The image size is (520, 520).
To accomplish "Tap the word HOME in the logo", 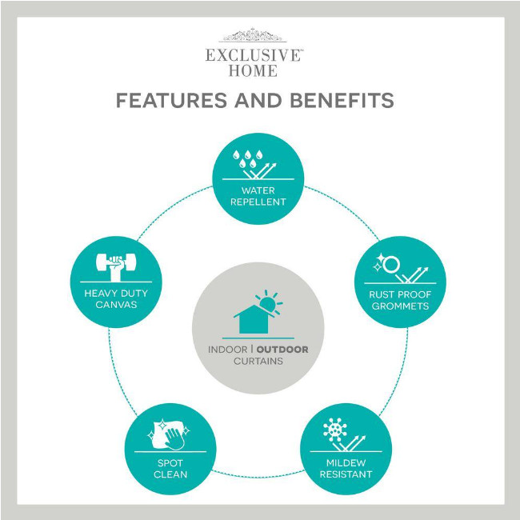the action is coord(253,70).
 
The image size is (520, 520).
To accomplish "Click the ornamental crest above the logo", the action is coord(252,35).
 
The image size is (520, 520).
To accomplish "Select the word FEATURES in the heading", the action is coord(171,100).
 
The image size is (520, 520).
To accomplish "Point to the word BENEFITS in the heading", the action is coord(342,100).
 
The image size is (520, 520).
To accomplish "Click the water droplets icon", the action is coord(247,158).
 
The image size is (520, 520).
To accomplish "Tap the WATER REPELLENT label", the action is coord(258,196).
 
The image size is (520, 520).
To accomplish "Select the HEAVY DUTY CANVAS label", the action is coord(116,299).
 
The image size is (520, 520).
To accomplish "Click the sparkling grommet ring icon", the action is coord(387,263).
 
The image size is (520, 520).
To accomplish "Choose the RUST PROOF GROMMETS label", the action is coord(400,300).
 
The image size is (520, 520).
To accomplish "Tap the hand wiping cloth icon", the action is coord(169,434).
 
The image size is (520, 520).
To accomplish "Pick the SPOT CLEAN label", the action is coord(170,469).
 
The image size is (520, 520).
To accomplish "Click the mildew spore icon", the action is coord(335,430).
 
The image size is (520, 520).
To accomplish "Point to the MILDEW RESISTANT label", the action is coord(346,468).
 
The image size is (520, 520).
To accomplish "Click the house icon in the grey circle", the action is coord(254,320).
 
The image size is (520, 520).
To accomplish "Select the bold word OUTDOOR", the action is coord(282,350).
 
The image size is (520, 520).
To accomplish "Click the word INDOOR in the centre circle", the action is coord(228,350).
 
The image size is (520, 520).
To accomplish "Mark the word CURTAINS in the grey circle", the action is coord(258,361).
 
